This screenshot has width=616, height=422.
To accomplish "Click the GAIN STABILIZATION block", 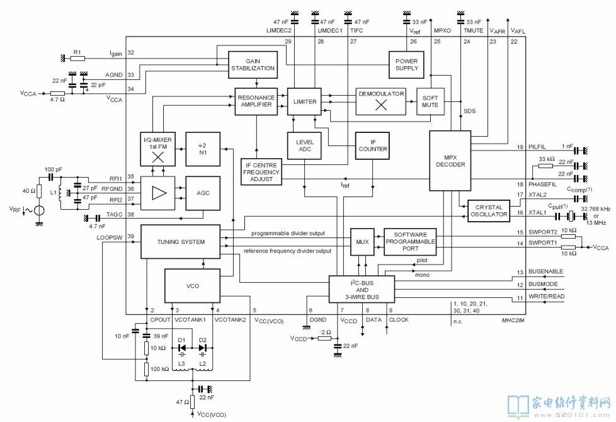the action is (253, 65).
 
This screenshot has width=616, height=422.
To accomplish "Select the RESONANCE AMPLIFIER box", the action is (256, 101).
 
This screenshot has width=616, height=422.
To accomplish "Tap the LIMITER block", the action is (304, 101).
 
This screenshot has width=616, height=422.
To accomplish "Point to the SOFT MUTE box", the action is (430, 101).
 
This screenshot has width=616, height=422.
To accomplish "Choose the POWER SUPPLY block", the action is (406, 65).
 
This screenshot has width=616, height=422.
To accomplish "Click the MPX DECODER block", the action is (450, 161).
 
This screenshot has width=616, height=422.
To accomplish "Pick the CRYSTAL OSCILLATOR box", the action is (489, 211).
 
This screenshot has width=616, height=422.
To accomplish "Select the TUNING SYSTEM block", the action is (181, 242).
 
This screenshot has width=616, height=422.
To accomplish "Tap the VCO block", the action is (193, 286).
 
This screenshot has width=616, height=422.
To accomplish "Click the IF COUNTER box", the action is (372, 145).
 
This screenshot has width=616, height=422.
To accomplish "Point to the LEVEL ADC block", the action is (304, 145).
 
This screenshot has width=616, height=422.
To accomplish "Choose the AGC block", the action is (203, 193).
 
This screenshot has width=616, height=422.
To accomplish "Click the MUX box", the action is (362, 242).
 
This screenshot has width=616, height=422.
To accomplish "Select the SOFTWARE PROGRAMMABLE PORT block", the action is (410, 242).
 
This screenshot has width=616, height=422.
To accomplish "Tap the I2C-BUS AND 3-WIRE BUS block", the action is (362, 290).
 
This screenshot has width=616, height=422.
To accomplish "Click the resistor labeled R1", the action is (77, 59).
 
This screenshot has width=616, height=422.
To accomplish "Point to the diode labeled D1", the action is (182, 348).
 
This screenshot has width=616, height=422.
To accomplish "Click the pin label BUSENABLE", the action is (545, 271).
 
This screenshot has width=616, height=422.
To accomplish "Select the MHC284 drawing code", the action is (513, 320).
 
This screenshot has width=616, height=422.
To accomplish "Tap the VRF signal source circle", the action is (39, 210).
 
